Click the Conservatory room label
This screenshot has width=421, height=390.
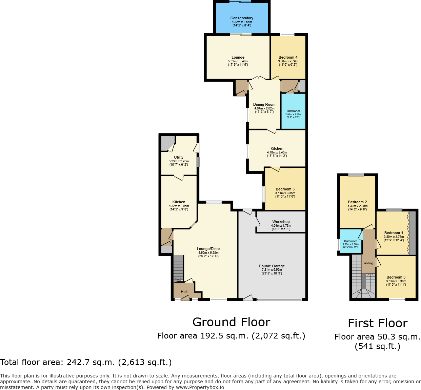[242, 18]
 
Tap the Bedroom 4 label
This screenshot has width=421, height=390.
[288, 58]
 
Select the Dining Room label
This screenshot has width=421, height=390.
[264, 105]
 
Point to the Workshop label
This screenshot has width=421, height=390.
[281, 222]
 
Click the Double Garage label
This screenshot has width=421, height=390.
[272, 266]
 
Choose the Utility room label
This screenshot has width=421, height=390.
[179, 158]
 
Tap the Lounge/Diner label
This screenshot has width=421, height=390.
[208, 249]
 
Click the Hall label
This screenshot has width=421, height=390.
[184, 292]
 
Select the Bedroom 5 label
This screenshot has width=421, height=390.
[285, 189]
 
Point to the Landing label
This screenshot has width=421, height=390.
[368, 263]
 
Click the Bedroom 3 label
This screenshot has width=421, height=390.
[396, 278]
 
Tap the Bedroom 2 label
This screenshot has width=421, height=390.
[357, 202]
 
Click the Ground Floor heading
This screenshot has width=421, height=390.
[231, 322]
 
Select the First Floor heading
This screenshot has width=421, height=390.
[378, 324]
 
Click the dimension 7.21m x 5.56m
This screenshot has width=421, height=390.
[272, 270]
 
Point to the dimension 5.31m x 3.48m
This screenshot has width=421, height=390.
[238, 61]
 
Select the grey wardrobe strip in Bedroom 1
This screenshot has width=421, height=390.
[412, 233]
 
